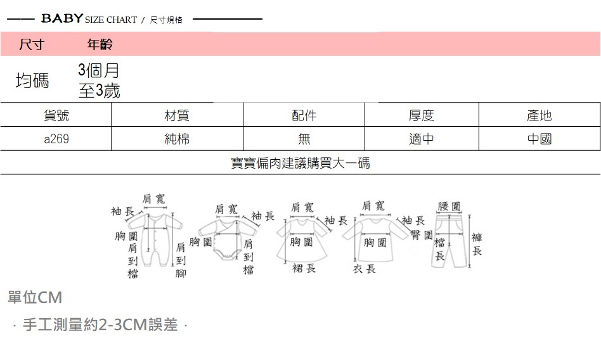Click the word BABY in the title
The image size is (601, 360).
62,19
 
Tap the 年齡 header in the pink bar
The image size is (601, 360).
100,44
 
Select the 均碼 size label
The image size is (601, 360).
32,80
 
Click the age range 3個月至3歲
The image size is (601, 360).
99,80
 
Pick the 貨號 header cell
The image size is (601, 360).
56,115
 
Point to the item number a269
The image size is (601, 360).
56,139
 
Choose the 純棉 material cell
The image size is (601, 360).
177,139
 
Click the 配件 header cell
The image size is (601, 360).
304,115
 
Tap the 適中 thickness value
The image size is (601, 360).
422,139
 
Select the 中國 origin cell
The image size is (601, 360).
540,139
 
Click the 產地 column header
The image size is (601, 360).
540,115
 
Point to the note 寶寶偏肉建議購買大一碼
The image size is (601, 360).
300,163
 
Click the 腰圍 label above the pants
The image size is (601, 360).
449,207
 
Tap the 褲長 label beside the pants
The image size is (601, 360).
477,244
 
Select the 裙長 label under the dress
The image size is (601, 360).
304,269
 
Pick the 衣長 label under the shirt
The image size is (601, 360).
365,269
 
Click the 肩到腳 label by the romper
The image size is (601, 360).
181,260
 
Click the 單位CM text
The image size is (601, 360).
35,297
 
